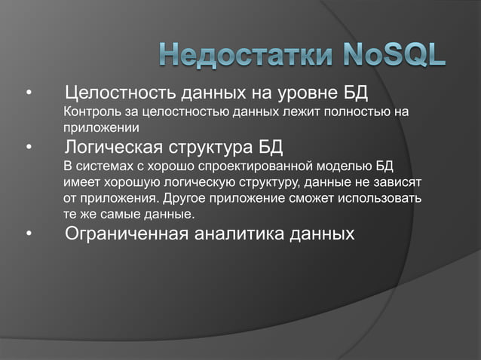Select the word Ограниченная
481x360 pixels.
[126, 234]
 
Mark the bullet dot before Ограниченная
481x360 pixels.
[29, 236]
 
